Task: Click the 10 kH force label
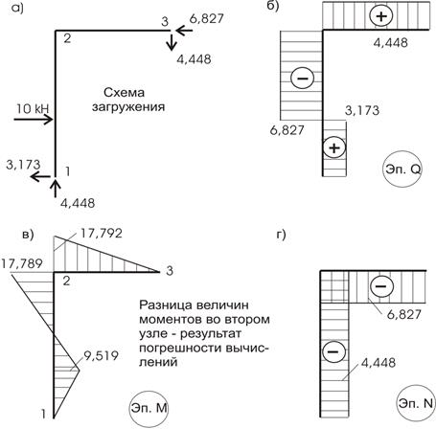pyautogui.click(x=33, y=109)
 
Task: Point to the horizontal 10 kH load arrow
pyautogui.click(x=34, y=120)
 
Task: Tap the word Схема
pyautogui.click(x=124, y=93)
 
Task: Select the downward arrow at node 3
pyautogui.click(x=172, y=42)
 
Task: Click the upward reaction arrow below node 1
pyautogui.click(x=56, y=189)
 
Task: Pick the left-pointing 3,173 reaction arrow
pyautogui.click(x=40, y=176)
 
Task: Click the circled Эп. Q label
pyautogui.click(x=402, y=169)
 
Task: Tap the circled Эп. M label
pyautogui.click(x=149, y=408)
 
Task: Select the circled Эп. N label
pyautogui.click(x=416, y=403)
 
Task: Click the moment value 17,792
pyautogui.click(x=102, y=234)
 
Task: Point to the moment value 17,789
pyautogui.click(x=22, y=264)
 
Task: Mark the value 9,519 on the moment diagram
pyautogui.click(x=101, y=355)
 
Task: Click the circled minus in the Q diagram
pyautogui.click(x=302, y=78)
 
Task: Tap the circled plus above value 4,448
pyautogui.click(x=380, y=16)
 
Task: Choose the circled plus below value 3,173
pyautogui.click(x=334, y=148)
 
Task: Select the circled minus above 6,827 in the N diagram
pyautogui.click(x=381, y=286)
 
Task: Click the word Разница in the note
pyautogui.click(x=166, y=305)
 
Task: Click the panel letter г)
pyautogui.click(x=281, y=235)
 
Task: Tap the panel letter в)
pyautogui.click(x=28, y=235)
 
